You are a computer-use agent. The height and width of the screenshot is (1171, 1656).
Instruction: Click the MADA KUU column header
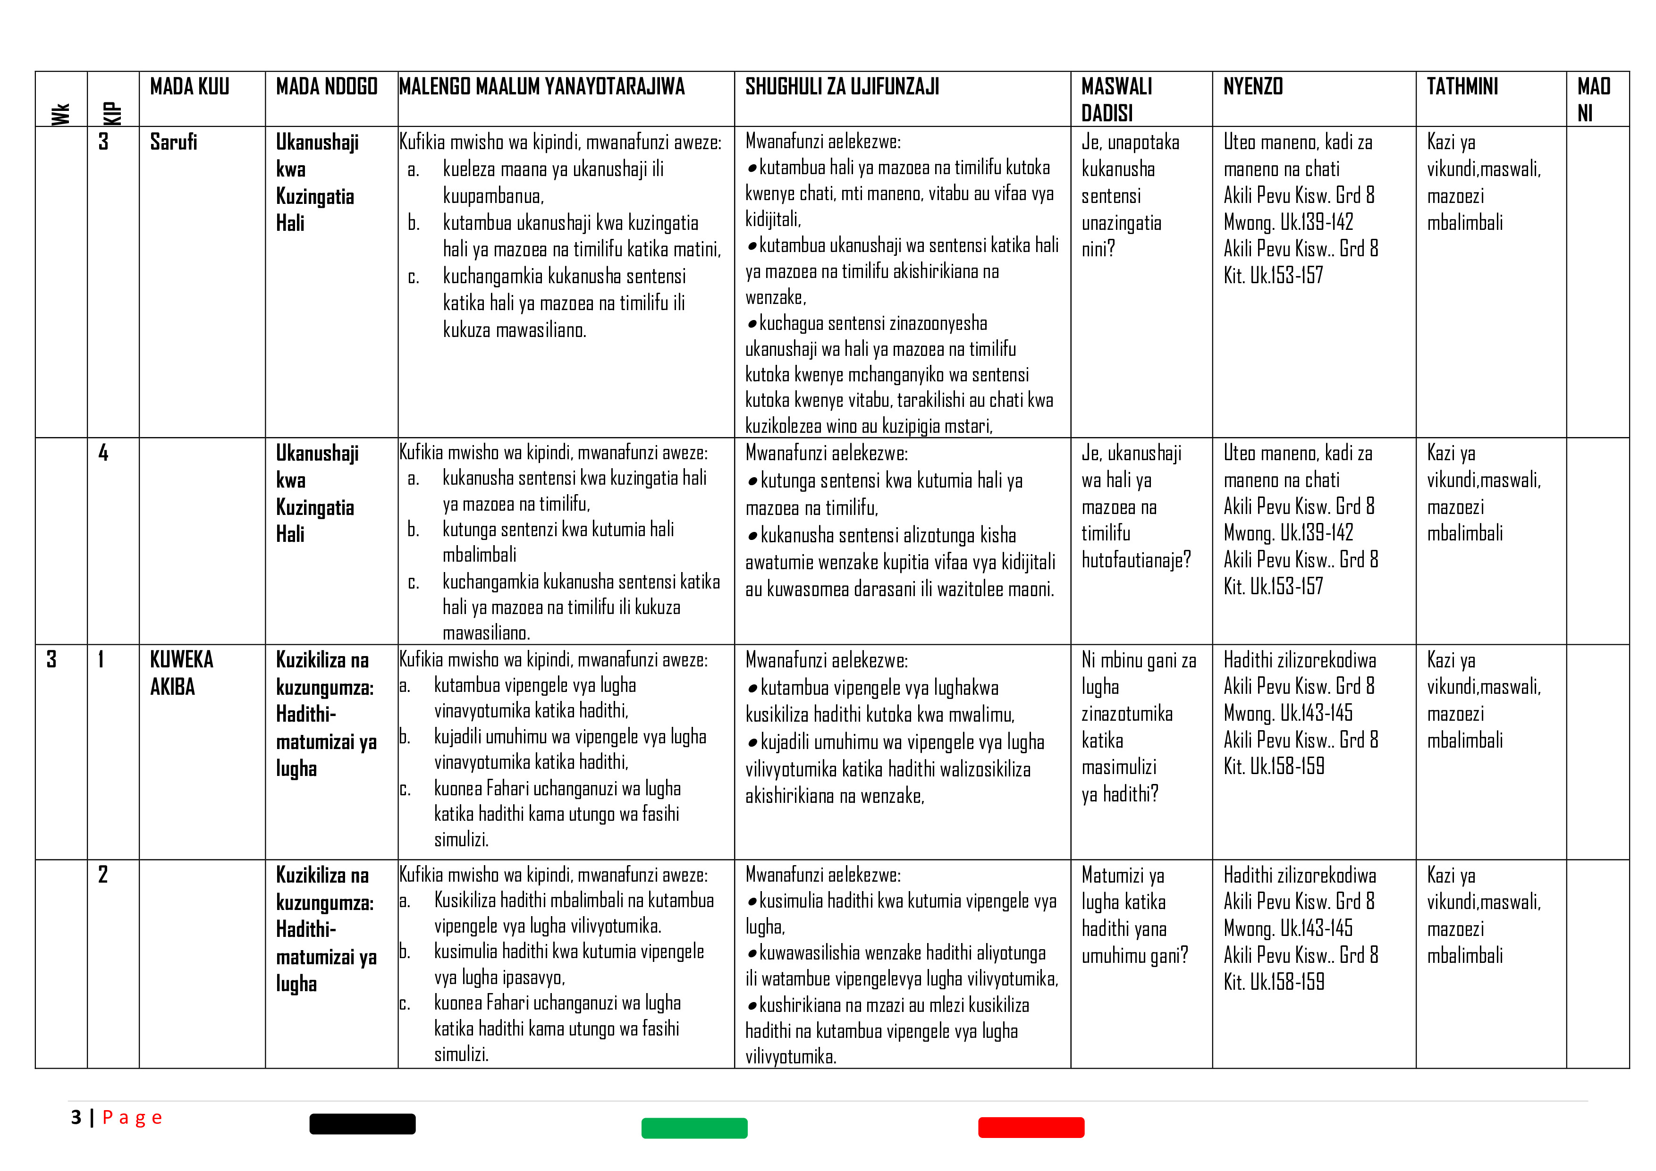pos(189,87)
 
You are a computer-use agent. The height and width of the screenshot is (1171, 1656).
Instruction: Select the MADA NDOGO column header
pos(326,87)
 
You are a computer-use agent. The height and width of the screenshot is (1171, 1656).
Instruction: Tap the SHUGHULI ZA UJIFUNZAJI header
pos(842,87)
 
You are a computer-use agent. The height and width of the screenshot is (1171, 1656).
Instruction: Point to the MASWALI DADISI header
pos(1116,100)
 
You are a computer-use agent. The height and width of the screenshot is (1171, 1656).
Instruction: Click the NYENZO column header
pos(1253,87)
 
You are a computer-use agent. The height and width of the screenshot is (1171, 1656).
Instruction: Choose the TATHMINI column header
pos(1462,87)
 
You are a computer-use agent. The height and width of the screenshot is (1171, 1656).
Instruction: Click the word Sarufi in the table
pos(173,142)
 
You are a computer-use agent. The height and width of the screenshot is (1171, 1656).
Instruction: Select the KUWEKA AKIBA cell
pos(181,673)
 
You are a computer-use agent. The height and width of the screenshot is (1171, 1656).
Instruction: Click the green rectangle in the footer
pos(694,1128)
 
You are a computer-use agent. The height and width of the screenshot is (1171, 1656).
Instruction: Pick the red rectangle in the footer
pos(1031,1127)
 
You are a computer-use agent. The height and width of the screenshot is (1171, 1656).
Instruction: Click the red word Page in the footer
pos(132,1118)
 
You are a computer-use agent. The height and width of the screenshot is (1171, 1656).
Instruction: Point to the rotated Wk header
pos(60,114)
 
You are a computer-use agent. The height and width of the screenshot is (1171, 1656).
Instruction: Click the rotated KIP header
pos(112,114)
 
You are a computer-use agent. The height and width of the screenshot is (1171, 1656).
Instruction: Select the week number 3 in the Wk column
pos(51,659)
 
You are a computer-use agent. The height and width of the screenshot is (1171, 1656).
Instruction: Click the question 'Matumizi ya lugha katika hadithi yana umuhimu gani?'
pos(1134,915)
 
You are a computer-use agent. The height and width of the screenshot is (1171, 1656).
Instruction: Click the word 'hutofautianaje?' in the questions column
pos(1136,560)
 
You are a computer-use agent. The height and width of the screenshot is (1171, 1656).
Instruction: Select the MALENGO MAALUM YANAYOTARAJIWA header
pos(541,87)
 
